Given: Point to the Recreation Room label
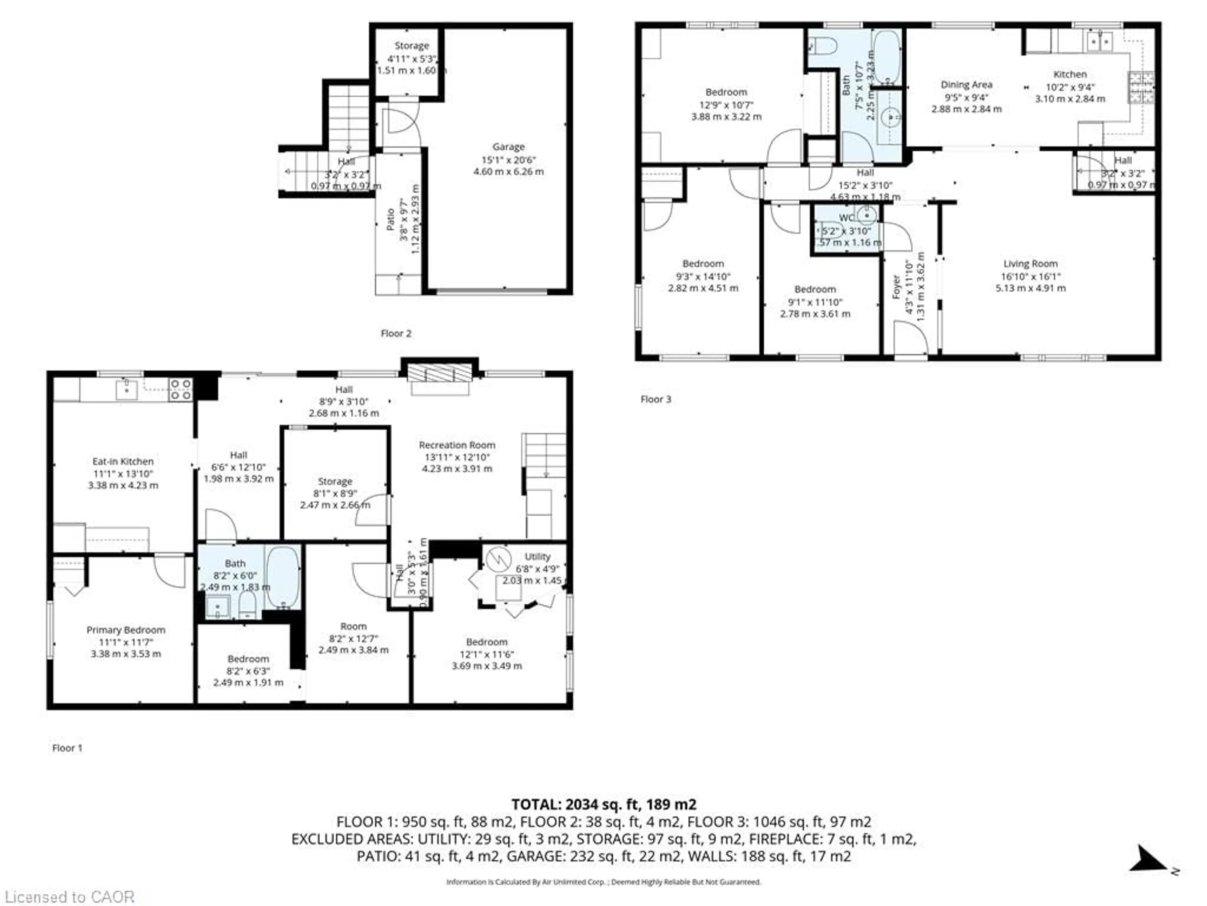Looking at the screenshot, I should [x=457, y=445].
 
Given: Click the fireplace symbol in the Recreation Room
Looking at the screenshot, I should [x=440, y=374].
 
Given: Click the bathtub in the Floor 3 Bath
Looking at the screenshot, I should [x=886, y=57].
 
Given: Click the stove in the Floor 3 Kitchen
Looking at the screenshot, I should [x=1141, y=88].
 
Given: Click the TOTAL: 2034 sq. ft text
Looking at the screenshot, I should [x=603, y=804].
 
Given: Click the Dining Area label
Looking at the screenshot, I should [x=966, y=85].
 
